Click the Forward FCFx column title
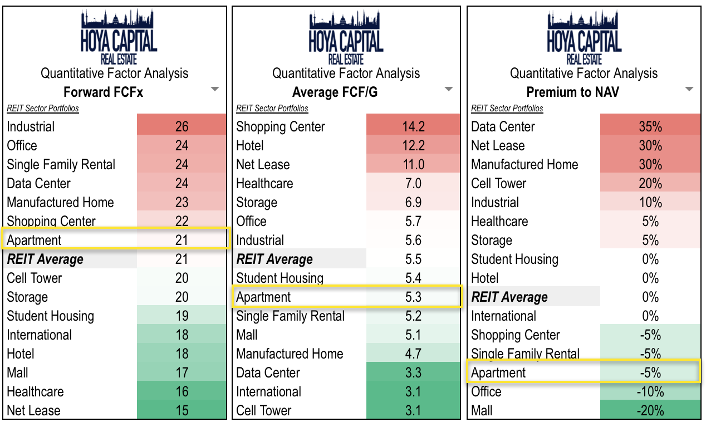coord(103,92)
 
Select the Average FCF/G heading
coord(335,92)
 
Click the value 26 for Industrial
coord(182,127)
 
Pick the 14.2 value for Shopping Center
coord(413,127)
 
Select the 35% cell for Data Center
coord(650,127)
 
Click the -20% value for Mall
coord(650,411)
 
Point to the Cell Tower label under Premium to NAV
coord(498,184)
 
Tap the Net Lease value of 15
coord(182,411)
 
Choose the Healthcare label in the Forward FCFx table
coord(35,392)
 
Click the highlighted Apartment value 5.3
coord(413,297)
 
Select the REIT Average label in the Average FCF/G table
coord(274,259)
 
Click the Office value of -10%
coord(650,392)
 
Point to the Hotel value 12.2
coord(413,146)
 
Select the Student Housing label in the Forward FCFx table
coord(50,316)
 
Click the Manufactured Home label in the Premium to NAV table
coord(524,165)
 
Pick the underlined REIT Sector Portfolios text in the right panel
coord(507,109)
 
